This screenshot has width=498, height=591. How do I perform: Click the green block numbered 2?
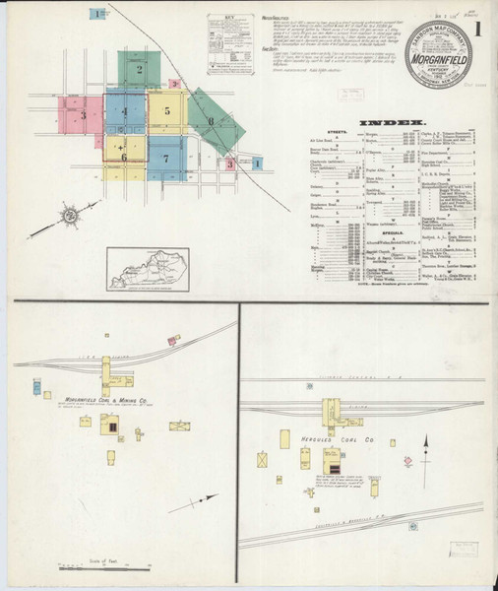[139, 70]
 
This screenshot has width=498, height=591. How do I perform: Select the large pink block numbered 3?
[84, 115]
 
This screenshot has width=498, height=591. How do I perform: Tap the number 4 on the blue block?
[125, 111]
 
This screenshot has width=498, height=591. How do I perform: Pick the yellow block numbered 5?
[167, 111]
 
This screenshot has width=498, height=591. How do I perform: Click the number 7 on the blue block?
[166, 158]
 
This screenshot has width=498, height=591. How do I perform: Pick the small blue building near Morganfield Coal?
[46, 394]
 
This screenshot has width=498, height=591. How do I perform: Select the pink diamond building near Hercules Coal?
[406, 460]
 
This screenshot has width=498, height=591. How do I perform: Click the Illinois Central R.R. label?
[359, 376]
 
